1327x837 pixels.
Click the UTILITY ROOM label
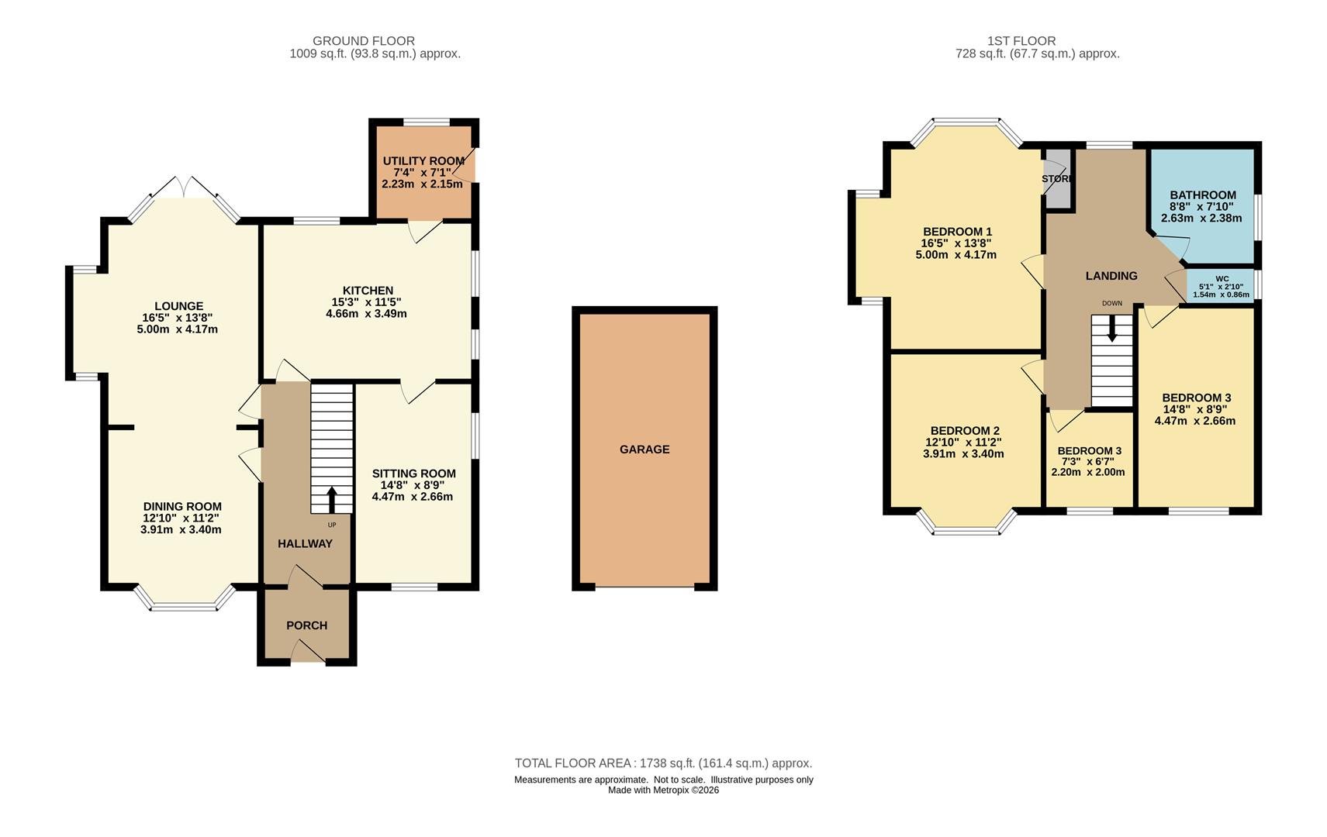423,161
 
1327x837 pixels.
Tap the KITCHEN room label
368,291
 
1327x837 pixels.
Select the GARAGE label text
644,449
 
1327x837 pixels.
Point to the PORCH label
307,625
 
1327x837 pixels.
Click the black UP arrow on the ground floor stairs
332,500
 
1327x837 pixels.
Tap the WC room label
1222,279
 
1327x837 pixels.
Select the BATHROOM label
1203,195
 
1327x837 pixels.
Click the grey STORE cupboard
1058,178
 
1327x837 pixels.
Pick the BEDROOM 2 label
965,431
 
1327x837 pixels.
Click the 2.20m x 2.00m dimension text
1087,473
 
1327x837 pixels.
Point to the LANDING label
1111,276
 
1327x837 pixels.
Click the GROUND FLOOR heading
364,41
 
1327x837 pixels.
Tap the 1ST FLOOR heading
1021,41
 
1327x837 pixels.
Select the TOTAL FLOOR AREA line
663,763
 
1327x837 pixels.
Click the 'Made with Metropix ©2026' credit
664,790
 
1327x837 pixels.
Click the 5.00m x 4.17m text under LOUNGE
177,329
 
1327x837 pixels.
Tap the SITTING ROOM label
414,474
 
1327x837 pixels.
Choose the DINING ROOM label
182,507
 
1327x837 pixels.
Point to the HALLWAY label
305,544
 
